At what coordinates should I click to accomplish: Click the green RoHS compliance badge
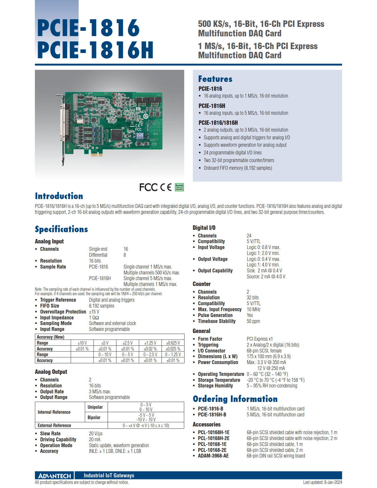pyautogui.click(x=179, y=187)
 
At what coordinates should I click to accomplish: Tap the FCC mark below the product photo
pyautogui.click(x=148, y=187)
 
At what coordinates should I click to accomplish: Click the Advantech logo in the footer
pyautogui.click(x=55, y=475)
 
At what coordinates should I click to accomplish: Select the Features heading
pyautogui.click(x=215, y=79)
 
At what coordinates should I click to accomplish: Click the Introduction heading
pyautogui.click(x=59, y=196)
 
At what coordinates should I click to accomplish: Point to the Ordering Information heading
pyautogui.click(x=235, y=399)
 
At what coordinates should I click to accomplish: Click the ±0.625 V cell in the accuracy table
pyautogui.click(x=173, y=343)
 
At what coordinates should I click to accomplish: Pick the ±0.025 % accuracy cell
pyautogui.click(x=173, y=349)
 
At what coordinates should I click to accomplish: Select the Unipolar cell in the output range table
pyautogui.click(x=95, y=407)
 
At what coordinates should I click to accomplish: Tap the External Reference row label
pyautogui.click(x=54, y=425)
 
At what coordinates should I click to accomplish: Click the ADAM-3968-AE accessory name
pyautogui.click(x=213, y=456)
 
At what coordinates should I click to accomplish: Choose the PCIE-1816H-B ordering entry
pyautogui.click(x=212, y=415)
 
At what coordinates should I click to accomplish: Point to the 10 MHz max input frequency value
pyautogui.click(x=253, y=309)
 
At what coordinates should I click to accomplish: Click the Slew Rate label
pyautogui.click(x=50, y=433)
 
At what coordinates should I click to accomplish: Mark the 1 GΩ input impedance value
pyautogui.click(x=94, y=318)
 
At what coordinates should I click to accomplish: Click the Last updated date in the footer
pyautogui.click(x=322, y=482)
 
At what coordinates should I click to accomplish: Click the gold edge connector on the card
pyautogui.click(x=97, y=155)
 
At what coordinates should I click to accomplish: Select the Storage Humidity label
pyautogui.click(x=215, y=386)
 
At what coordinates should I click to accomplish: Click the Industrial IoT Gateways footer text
pyautogui.click(x=109, y=475)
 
